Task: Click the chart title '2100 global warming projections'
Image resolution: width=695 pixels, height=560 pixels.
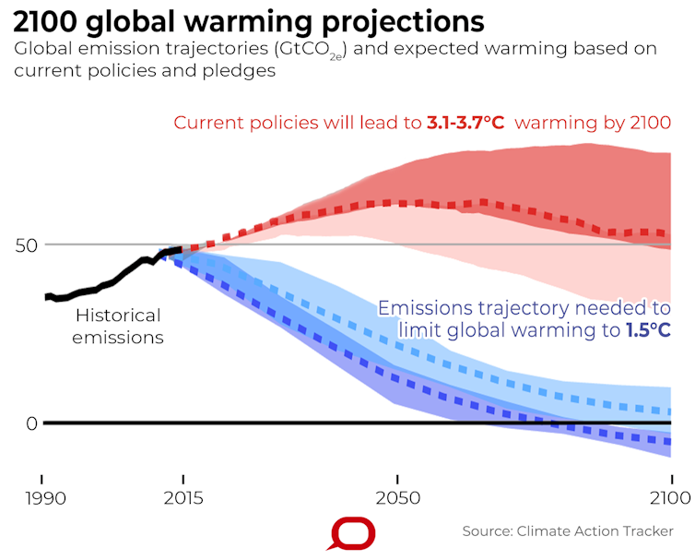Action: [249, 21]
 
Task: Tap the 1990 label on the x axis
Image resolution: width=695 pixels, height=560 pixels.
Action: [41, 499]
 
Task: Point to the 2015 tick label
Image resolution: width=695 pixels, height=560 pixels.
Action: [183, 499]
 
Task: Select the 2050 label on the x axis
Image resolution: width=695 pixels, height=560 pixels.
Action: [396, 499]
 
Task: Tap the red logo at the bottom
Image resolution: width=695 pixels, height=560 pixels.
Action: [354, 534]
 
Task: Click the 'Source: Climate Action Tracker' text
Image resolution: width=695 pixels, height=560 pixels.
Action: [567, 532]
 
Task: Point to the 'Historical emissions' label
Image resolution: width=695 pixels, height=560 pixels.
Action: [118, 327]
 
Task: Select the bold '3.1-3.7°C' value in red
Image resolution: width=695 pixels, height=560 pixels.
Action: [465, 123]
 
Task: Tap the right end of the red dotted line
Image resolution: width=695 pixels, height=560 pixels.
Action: [669, 234]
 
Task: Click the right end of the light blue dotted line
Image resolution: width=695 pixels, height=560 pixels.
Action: [669, 411]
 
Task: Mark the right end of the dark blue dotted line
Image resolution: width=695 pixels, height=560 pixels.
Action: [669, 443]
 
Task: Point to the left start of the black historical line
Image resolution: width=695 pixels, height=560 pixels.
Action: [45, 297]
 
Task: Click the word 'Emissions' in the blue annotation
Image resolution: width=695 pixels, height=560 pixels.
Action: [429, 308]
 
